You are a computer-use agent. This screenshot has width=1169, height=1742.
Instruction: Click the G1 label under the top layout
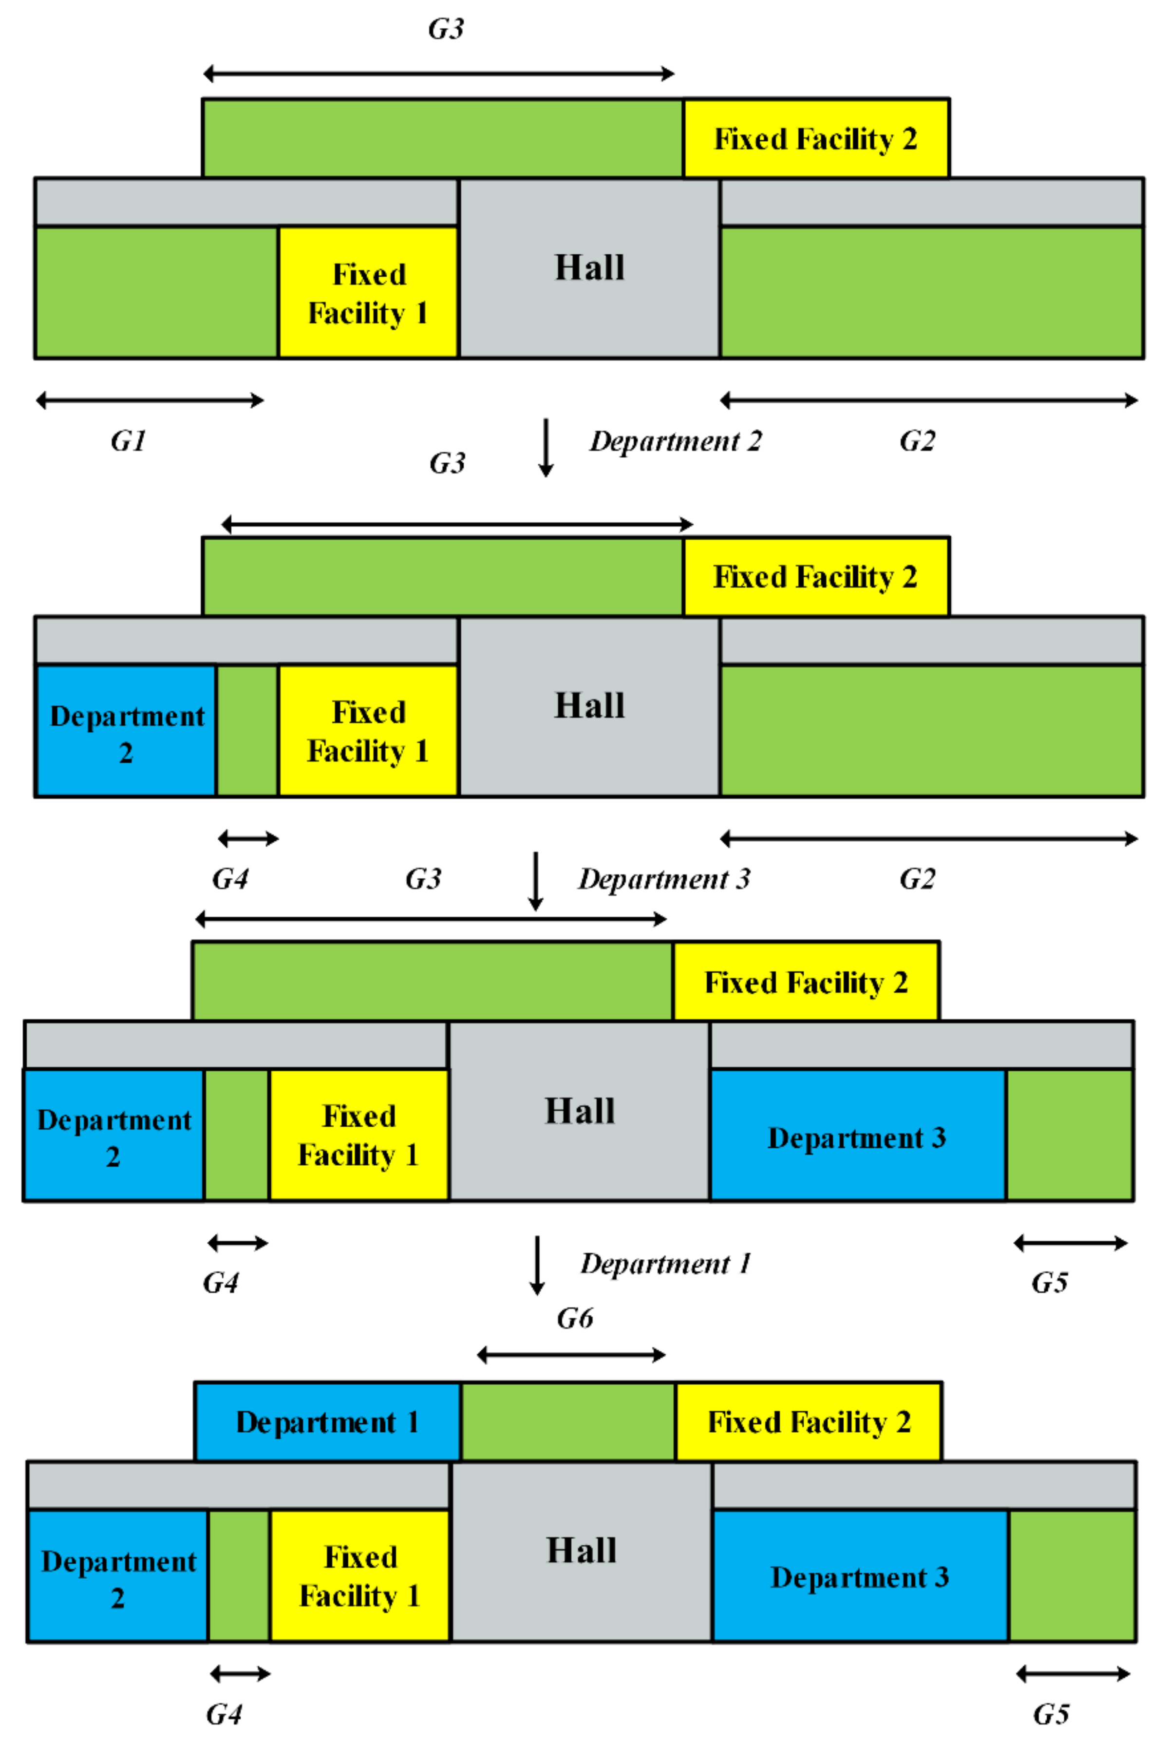click(128, 441)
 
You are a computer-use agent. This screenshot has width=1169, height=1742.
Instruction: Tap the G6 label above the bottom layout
click(575, 1319)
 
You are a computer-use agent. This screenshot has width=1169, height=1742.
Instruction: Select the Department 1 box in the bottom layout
click(327, 1422)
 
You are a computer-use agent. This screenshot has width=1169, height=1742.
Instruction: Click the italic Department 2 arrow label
click(676, 441)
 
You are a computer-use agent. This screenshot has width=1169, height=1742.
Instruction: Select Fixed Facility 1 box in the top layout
click(368, 293)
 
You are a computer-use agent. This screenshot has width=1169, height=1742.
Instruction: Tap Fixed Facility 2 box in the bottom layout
click(809, 1422)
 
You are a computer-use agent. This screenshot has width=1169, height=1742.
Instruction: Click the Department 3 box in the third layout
click(857, 1138)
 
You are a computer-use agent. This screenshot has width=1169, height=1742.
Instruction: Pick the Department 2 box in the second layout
click(127, 731)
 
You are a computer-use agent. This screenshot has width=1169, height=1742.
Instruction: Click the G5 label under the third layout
click(1050, 1283)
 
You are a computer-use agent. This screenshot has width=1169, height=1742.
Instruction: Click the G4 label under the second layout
click(229, 879)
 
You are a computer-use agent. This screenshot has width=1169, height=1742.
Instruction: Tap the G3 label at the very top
click(446, 29)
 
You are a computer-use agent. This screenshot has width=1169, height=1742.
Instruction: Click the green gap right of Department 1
click(568, 1422)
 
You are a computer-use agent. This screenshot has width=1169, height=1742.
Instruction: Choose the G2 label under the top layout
click(917, 441)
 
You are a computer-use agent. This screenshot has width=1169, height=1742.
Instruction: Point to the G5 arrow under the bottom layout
click(1073, 1674)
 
